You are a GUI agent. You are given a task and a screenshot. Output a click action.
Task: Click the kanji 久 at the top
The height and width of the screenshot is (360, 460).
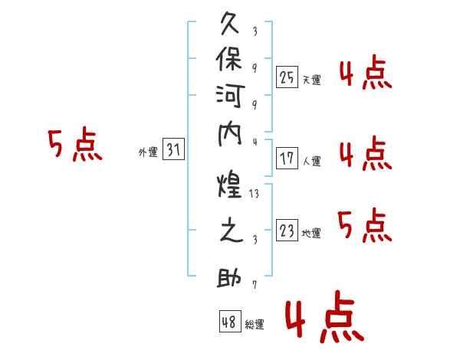[x=230, y=24]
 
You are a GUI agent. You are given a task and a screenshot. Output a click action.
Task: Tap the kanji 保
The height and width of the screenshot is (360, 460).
[x=229, y=59]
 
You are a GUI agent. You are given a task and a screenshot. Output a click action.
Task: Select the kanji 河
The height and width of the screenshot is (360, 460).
[x=230, y=96]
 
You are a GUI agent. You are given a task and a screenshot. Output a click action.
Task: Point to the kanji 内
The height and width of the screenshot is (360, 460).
[x=230, y=135]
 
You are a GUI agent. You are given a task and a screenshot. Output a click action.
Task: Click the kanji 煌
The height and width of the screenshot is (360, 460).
[x=230, y=185]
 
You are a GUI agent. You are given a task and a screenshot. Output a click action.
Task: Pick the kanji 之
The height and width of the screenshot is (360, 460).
[x=232, y=230]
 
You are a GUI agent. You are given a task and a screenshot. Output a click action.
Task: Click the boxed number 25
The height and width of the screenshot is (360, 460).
[x=287, y=77]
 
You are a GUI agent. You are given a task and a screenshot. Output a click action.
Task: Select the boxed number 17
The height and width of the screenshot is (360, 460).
[x=287, y=159]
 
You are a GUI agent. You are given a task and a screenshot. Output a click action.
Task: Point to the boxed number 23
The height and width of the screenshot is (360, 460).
[x=287, y=230]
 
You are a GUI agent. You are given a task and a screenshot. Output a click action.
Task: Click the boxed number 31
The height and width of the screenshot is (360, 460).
[x=173, y=149]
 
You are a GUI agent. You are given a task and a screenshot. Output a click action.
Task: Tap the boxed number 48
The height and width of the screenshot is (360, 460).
[x=230, y=321]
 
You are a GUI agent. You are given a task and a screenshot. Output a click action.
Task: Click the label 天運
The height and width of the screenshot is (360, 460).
[x=312, y=80]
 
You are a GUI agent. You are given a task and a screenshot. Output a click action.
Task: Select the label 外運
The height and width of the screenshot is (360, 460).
[x=148, y=152]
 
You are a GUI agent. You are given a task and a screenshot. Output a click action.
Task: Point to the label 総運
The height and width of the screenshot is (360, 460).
[x=255, y=324]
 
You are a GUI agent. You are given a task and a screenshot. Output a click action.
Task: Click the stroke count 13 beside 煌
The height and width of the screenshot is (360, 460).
[x=254, y=194]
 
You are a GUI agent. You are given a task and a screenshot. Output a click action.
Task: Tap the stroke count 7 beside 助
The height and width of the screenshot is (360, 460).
[x=255, y=285]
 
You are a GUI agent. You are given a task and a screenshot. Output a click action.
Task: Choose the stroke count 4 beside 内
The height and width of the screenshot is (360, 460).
[x=255, y=142]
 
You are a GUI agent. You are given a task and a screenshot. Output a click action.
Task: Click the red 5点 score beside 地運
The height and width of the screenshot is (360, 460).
[x=365, y=226]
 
